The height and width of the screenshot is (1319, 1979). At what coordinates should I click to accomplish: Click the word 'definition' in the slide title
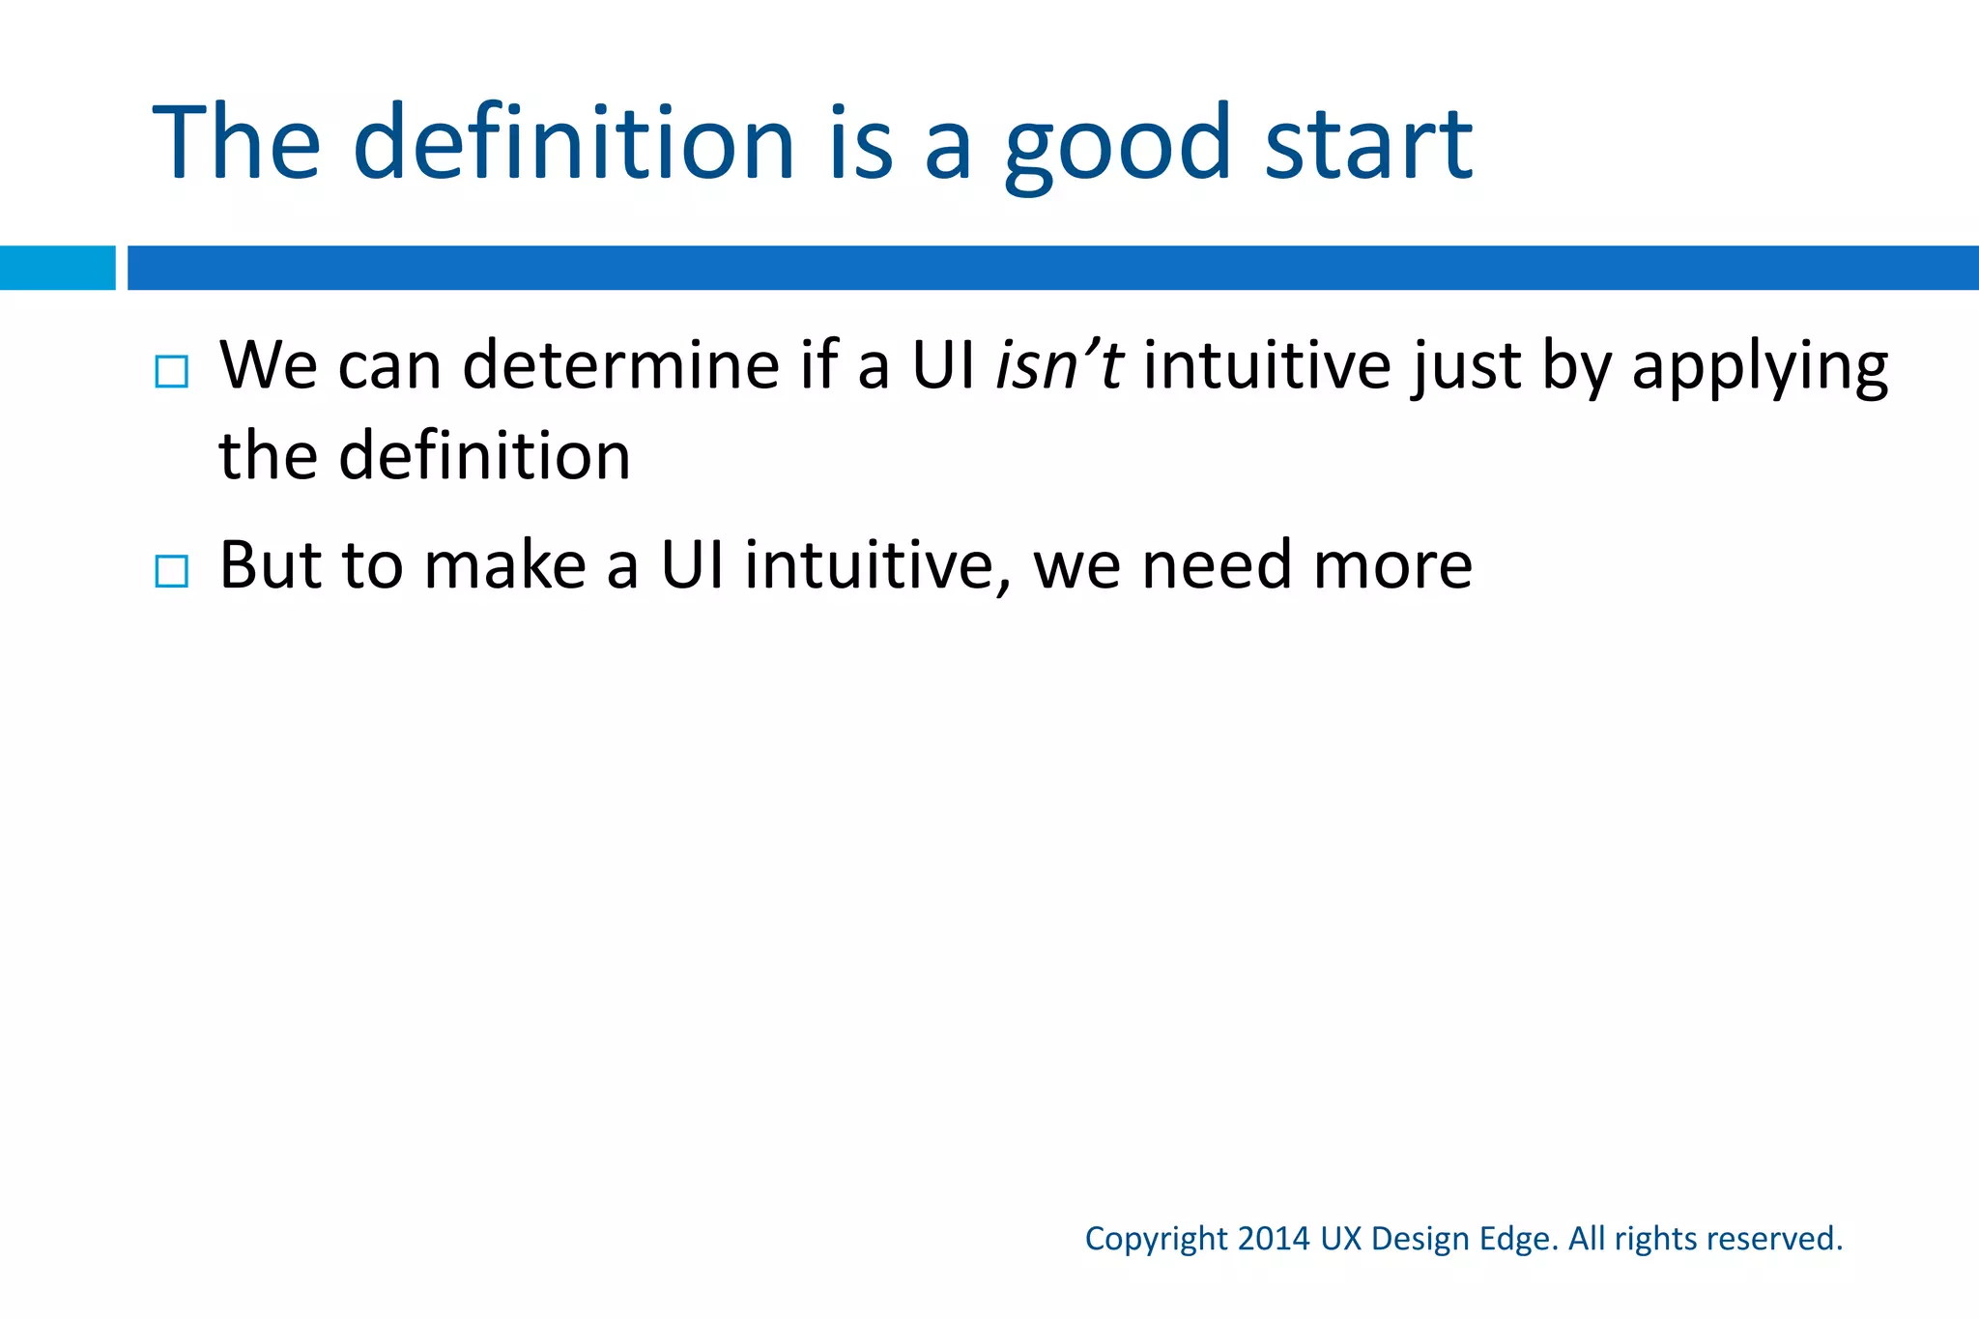[574, 143]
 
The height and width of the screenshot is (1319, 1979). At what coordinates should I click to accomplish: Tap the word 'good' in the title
[1118, 145]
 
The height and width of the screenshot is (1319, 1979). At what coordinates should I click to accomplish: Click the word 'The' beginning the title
[237, 143]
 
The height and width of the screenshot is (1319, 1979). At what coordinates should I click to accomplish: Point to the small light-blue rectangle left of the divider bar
[57, 268]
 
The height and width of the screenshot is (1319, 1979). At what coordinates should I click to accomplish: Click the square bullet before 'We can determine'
[171, 372]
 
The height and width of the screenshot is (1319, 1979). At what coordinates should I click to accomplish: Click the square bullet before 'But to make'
[171, 572]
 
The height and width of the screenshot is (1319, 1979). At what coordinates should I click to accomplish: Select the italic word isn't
[1058, 365]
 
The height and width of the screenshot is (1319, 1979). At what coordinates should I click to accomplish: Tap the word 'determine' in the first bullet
[621, 365]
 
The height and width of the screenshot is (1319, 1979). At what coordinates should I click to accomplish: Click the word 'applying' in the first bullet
[1760, 367]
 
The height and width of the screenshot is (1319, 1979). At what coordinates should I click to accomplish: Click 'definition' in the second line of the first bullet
[484, 455]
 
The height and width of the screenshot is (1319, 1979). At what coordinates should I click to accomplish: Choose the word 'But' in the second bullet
[270, 565]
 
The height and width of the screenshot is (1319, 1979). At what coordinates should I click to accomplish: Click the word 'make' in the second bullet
[505, 565]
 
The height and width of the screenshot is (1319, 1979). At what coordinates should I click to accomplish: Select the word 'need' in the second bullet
[1216, 565]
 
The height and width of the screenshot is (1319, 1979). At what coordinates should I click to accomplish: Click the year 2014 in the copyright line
[1274, 1239]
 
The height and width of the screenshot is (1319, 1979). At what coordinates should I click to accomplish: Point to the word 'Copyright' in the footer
[1156, 1239]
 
